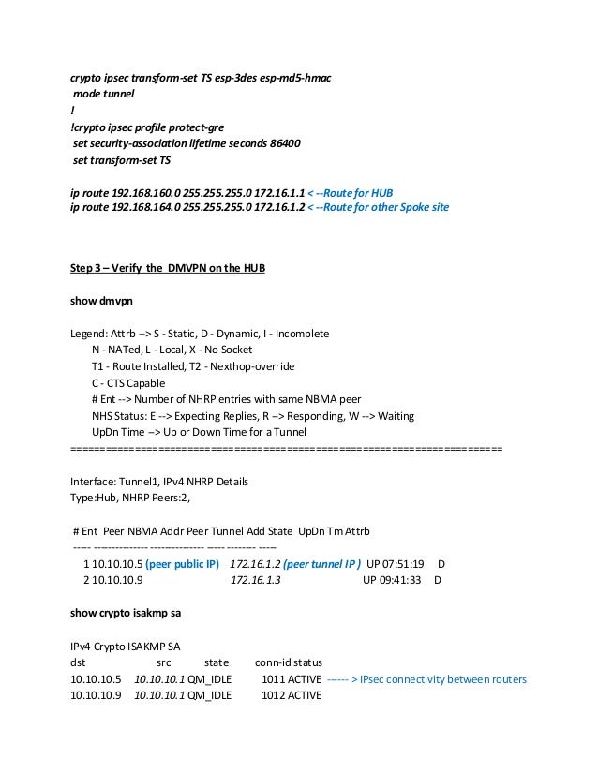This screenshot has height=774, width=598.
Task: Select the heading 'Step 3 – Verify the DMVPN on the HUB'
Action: [x=169, y=270]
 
